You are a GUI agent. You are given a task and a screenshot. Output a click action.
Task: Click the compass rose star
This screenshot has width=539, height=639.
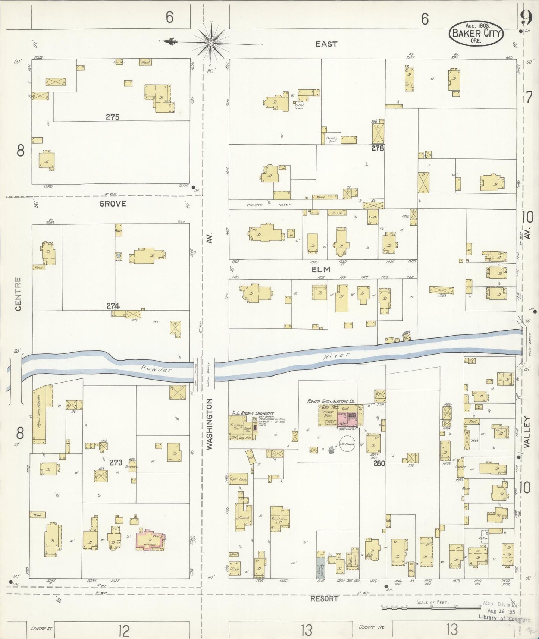[211, 43]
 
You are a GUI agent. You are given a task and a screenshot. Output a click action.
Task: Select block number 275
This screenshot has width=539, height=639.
[112, 117]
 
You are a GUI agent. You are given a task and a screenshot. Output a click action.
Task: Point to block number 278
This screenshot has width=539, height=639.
[377, 148]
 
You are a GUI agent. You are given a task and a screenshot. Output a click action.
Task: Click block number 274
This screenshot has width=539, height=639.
[113, 306]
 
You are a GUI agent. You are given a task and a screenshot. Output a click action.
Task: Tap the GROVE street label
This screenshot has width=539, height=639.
[112, 204]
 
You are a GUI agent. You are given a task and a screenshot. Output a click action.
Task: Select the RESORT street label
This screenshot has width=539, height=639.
[324, 599]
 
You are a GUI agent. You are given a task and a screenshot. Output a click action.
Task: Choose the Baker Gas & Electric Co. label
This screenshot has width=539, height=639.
[330, 402]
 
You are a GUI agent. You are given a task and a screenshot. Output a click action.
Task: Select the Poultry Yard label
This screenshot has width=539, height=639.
[331, 139]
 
